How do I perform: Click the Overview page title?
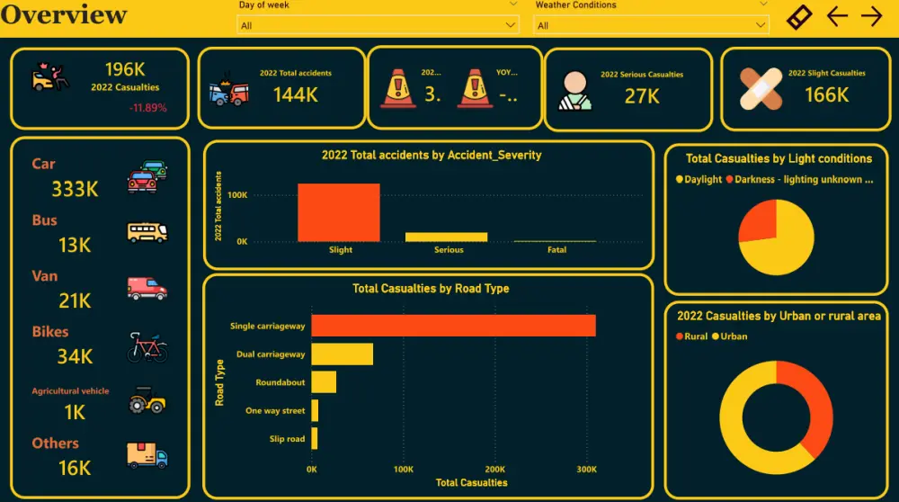point(64,15)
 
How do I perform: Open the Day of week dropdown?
point(378,25)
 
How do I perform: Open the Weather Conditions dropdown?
point(652,25)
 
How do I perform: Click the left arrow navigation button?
point(837,16)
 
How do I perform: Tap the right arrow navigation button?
point(871,16)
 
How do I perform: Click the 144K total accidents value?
point(295,94)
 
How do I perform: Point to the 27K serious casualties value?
point(642,96)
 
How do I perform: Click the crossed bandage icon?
point(761,88)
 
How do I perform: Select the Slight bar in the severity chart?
point(339,212)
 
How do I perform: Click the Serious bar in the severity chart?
point(446,237)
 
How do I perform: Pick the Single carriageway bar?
point(453,326)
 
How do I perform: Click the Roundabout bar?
point(324,382)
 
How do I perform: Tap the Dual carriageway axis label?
point(271,354)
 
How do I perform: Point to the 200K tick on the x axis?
point(495,469)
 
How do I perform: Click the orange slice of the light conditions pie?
point(758,221)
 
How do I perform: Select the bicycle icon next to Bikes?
point(147,346)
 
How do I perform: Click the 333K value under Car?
point(75,189)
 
